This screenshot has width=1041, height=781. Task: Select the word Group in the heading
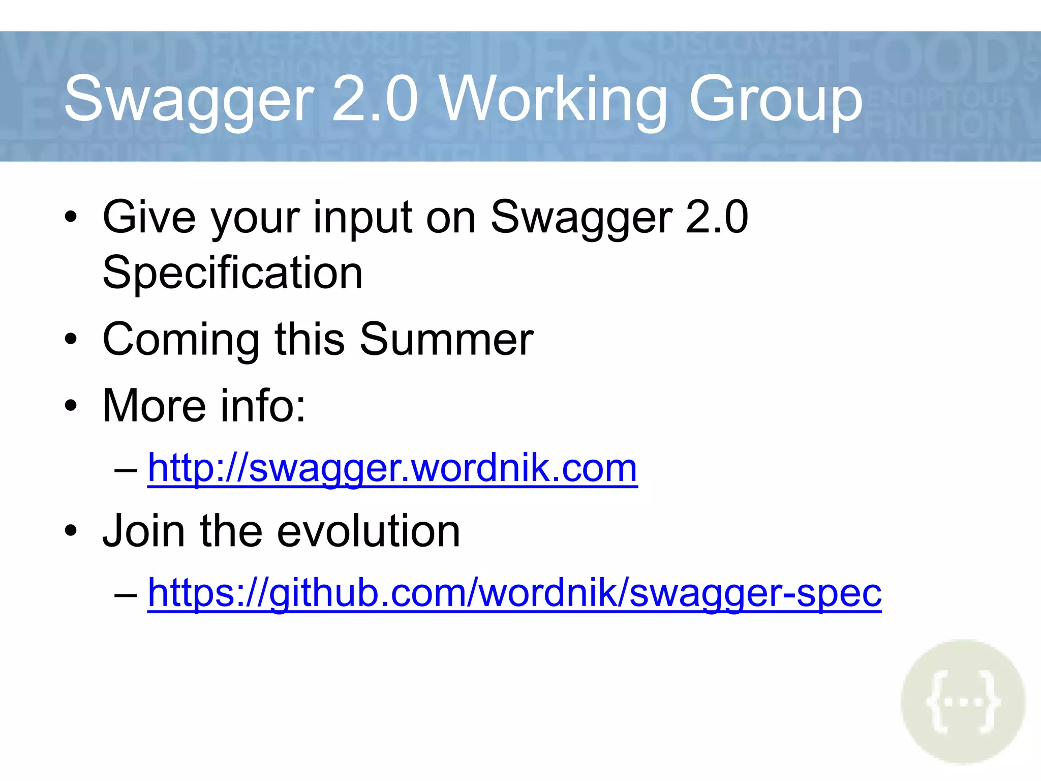[x=775, y=99]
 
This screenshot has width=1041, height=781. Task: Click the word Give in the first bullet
[x=149, y=217]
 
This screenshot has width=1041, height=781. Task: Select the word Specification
[x=232, y=273]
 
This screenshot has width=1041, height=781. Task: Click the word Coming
[x=180, y=340]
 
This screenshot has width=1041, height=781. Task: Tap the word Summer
[x=446, y=339]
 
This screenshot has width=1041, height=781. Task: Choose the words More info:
[x=204, y=406]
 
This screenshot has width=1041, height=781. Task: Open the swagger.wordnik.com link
[x=392, y=468]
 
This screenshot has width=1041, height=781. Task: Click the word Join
[x=143, y=531]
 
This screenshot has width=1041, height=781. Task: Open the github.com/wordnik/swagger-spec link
[x=514, y=593]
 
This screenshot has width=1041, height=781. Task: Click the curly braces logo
[x=963, y=702]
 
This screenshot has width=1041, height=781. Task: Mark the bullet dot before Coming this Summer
[x=71, y=340]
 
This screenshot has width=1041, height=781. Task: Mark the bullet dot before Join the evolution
[x=71, y=531]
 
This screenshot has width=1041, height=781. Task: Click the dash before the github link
[x=126, y=594]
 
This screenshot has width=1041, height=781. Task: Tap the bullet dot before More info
[x=71, y=406]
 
